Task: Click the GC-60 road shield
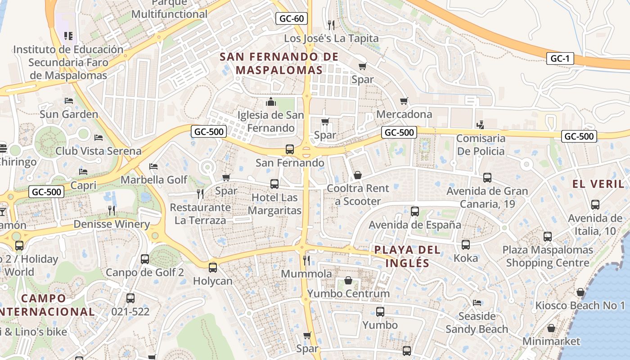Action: click(292, 18)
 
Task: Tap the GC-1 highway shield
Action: click(560, 58)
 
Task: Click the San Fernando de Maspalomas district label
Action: click(279, 63)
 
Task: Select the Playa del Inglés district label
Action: click(401, 256)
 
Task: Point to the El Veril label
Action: click(598, 184)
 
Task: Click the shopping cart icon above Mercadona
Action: click(404, 101)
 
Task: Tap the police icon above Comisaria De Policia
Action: click(480, 124)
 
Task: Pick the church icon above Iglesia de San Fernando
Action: click(270, 102)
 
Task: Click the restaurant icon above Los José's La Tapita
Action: click(331, 24)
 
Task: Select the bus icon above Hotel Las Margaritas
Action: click(274, 184)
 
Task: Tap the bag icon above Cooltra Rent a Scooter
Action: click(357, 175)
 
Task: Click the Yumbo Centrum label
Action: click(348, 294)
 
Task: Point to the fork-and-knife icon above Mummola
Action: click(306, 260)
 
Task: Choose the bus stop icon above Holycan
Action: click(212, 267)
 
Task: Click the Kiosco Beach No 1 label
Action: click(580, 306)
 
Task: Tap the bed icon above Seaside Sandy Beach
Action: click(477, 302)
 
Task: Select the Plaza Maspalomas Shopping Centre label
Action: click(548, 256)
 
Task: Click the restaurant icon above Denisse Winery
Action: click(112, 210)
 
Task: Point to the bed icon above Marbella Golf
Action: click(153, 166)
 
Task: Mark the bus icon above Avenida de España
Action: click(415, 211)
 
